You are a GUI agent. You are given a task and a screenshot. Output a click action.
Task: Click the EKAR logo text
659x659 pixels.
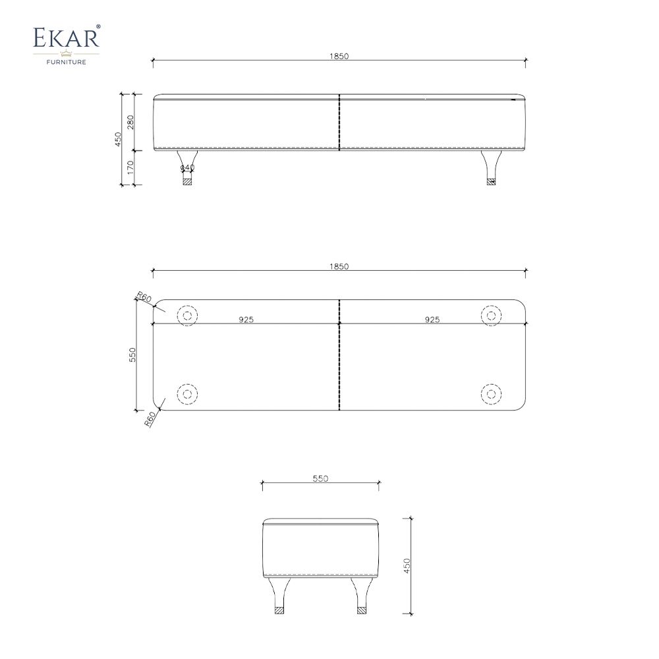click(x=65, y=38)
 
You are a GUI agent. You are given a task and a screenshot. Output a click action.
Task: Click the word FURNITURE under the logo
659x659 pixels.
click(x=65, y=63)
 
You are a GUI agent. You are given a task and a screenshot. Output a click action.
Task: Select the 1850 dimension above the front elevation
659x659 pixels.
click(x=339, y=57)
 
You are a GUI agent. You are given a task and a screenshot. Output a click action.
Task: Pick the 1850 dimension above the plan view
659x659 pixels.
click(x=339, y=267)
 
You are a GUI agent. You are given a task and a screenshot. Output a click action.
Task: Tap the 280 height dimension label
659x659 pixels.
click(x=130, y=123)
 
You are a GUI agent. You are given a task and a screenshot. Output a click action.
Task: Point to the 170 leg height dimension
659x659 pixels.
click(x=130, y=168)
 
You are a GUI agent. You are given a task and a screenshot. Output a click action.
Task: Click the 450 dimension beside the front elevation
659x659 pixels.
click(x=118, y=140)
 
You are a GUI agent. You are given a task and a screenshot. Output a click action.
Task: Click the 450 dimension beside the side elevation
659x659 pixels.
click(x=407, y=565)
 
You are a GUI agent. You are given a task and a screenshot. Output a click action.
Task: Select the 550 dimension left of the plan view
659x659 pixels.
click(x=132, y=355)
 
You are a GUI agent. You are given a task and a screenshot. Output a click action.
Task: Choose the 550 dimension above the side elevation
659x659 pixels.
click(x=320, y=479)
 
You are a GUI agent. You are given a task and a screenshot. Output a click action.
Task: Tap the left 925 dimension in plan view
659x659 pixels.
click(x=246, y=320)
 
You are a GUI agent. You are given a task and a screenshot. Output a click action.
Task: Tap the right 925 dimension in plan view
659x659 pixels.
click(x=432, y=320)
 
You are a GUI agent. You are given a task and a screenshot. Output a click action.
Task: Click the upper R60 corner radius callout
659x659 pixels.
click(x=144, y=298)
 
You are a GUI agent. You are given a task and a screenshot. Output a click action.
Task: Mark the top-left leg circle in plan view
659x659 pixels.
click(x=187, y=316)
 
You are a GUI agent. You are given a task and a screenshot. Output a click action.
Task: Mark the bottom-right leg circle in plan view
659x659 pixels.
click(x=491, y=394)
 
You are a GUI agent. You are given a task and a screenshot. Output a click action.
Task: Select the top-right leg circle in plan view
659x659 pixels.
click(x=491, y=316)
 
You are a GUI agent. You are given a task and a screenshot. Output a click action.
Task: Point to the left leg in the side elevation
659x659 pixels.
click(x=279, y=596)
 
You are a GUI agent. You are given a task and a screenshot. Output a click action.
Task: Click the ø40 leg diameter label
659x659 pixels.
click(x=187, y=169)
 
